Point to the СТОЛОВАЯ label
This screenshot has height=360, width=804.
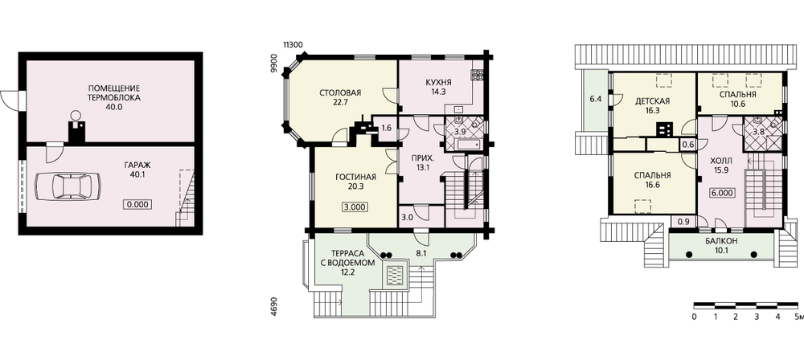[x=340, y=93]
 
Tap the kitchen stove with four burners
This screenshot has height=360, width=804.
[x=478, y=75]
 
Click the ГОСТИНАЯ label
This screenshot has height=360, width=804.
[x=356, y=178]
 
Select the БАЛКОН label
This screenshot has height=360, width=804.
[x=721, y=241]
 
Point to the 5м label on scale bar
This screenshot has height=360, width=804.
[x=798, y=317]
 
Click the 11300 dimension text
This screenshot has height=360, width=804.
[x=293, y=45]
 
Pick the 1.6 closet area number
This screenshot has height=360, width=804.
[x=388, y=128]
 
